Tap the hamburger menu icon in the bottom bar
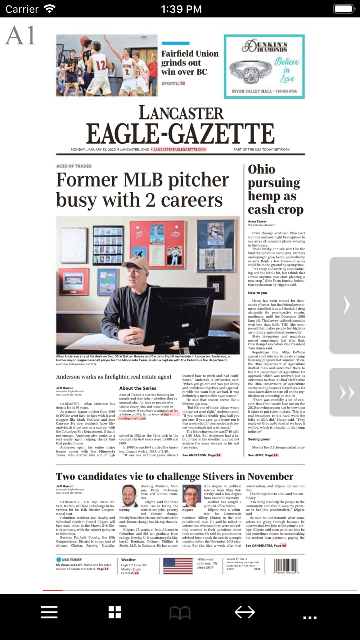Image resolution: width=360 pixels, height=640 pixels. [49, 612]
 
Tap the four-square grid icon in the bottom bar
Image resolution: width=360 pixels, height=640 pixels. [114, 612]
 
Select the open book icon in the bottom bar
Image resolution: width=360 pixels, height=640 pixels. [180, 613]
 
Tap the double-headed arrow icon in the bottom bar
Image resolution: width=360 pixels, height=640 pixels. [245, 612]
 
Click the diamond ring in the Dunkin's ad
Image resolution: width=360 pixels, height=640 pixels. [250, 70]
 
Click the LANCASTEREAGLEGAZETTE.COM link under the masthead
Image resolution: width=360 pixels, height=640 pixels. [180, 149]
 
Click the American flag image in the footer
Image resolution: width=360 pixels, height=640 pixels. [178, 566]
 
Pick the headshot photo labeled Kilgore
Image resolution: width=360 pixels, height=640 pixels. [192, 496]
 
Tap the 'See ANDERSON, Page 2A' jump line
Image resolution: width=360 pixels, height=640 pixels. [202, 455]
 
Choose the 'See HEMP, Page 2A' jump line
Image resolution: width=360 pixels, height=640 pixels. [263, 455]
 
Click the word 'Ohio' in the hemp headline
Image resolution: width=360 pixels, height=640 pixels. [261, 169]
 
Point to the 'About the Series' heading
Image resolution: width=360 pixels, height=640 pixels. [138, 388]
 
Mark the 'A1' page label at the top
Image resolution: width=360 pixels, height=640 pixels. [21, 36]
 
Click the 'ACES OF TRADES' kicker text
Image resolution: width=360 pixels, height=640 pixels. [74, 166]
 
